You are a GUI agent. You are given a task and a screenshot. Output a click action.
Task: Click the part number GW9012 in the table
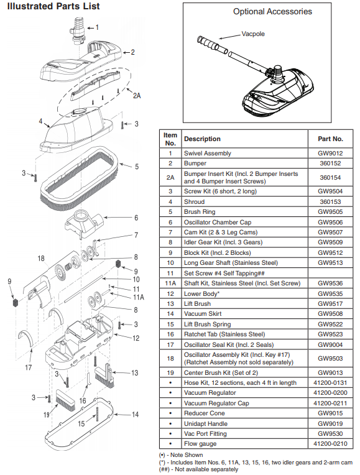point(330,154)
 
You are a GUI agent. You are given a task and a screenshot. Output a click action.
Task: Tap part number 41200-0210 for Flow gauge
point(330,444)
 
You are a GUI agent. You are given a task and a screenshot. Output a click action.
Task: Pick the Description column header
point(202,139)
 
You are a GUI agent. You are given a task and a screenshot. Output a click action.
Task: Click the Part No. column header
point(330,139)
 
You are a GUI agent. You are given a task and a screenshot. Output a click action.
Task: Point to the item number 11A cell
point(170,284)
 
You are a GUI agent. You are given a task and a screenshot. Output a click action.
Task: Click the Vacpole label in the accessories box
point(253,34)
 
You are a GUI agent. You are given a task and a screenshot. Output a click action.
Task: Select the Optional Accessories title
point(272,12)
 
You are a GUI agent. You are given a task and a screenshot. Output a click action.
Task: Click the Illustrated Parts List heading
point(53,6)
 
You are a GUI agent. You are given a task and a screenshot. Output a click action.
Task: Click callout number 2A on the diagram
point(137,96)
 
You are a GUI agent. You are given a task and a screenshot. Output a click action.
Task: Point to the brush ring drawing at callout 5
point(78,178)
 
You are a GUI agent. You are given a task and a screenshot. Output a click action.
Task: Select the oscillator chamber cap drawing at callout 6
point(85,224)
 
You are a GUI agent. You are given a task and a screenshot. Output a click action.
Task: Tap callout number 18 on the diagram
point(41,259)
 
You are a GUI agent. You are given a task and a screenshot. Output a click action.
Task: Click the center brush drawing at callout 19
point(65,400)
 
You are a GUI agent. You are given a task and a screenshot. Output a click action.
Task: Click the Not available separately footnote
point(199,469)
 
